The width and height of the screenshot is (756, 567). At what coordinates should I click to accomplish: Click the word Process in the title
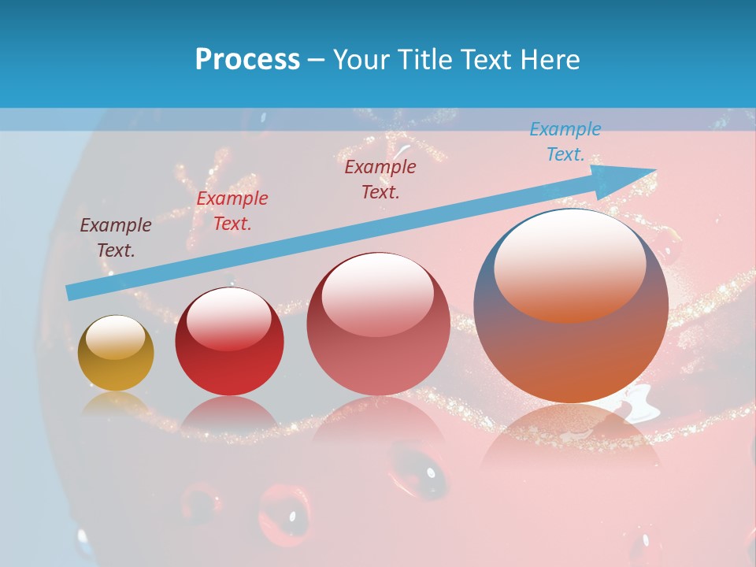coord(247,60)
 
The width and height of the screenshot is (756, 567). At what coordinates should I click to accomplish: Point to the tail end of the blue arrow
coord(71,292)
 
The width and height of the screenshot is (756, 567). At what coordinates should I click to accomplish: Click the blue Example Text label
coord(565,142)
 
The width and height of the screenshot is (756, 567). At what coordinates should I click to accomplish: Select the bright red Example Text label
coord(232,211)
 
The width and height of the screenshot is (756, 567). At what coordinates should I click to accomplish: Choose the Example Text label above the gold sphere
coord(116,238)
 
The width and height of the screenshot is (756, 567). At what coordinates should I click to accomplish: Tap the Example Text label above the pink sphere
coord(380,179)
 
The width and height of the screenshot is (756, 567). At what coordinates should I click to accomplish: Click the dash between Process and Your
coord(317,60)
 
